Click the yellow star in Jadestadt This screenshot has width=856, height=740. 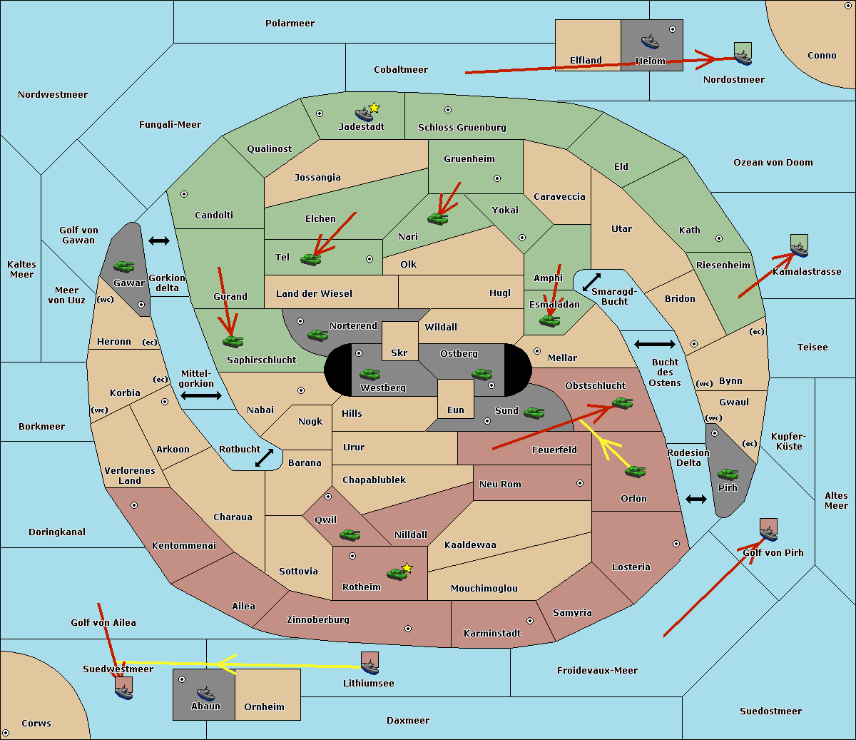374,108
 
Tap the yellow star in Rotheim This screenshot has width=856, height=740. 407,568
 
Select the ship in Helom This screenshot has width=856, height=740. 649,41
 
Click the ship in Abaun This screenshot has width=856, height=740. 205,693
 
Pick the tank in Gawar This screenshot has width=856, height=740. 124,267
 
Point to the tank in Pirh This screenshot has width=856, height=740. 728,475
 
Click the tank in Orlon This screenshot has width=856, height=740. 635,472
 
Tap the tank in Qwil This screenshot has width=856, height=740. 350,534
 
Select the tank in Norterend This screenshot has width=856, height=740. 317,335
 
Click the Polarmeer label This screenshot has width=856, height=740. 290,24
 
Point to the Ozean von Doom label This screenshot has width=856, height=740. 773,163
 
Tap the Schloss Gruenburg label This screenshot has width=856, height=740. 462,128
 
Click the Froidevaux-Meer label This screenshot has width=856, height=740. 597,671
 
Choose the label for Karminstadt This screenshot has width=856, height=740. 492,634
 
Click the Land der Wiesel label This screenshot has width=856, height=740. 314,294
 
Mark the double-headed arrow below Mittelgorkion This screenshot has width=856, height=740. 201,396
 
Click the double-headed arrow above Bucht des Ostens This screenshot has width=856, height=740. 654,345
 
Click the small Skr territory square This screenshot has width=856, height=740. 399,341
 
